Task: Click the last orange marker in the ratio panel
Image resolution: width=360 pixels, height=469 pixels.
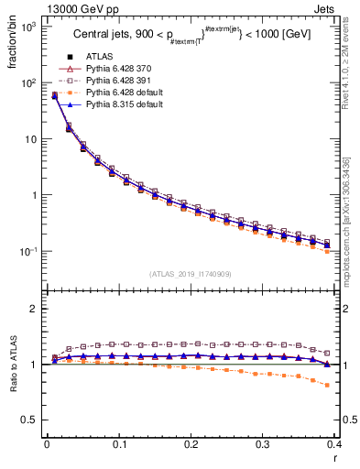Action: coord(354,385)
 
